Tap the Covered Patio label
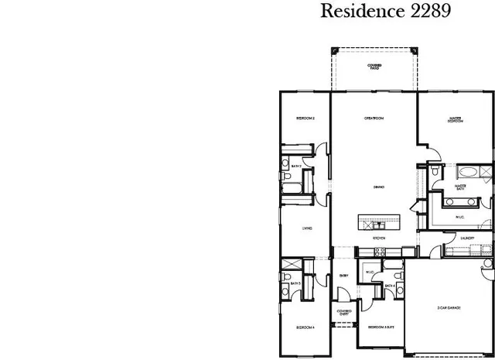point(375,67)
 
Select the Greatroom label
point(375,118)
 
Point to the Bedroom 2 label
point(305,118)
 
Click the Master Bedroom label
point(455,120)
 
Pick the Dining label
point(379,187)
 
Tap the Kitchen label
point(379,238)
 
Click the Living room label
point(307,228)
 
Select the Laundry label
point(466,238)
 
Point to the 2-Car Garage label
point(449,308)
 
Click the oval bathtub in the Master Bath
point(467,172)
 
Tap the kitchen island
point(378,221)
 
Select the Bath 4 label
point(391,286)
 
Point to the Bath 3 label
point(295,283)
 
